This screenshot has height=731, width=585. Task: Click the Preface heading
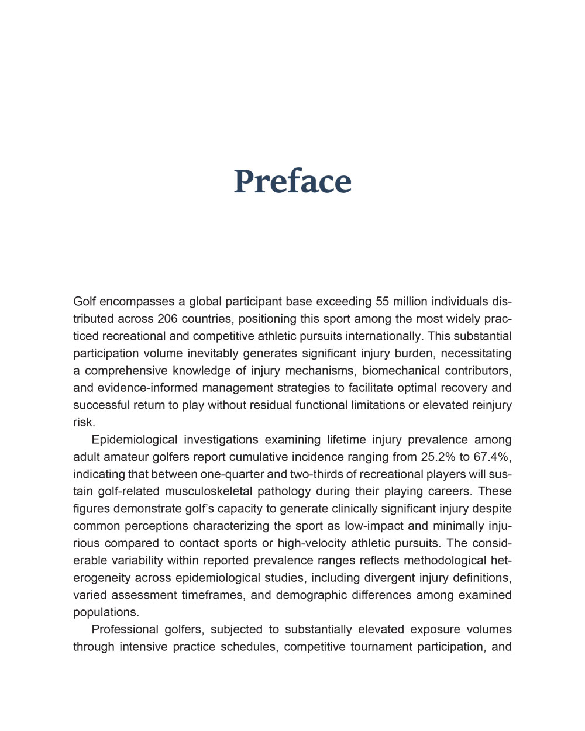(292, 181)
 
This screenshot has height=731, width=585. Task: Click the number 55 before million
(382, 302)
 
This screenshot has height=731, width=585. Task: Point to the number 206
(167, 319)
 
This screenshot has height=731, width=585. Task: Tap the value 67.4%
(493, 457)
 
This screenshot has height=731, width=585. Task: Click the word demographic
(311, 595)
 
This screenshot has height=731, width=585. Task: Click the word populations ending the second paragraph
(106, 612)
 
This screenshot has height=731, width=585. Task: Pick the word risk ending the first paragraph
(84, 422)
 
